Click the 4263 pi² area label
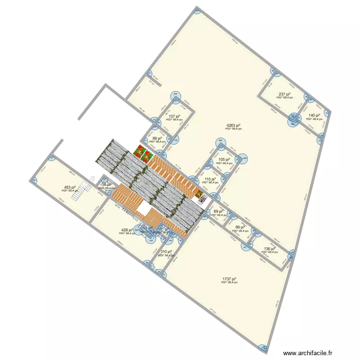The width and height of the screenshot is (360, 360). [x=234, y=126]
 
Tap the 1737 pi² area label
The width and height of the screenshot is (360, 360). [x=229, y=279]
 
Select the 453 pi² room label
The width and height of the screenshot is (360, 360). [x=70, y=188]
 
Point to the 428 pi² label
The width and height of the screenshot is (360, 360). [x=126, y=230]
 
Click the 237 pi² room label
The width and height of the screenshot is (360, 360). [x=284, y=95]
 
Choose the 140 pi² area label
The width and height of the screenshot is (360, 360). [x=314, y=115]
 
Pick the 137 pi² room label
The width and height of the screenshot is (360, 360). [x=174, y=116]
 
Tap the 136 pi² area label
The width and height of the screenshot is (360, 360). [x=270, y=249]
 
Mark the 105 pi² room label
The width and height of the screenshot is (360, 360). [x=224, y=160]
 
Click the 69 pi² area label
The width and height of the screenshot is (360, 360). [x=218, y=212]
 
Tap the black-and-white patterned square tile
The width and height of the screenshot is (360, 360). [x=203, y=198]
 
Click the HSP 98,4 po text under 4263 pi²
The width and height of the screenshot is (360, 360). [x=234, y=129]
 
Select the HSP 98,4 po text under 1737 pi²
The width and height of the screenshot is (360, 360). [x=229, y=283]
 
